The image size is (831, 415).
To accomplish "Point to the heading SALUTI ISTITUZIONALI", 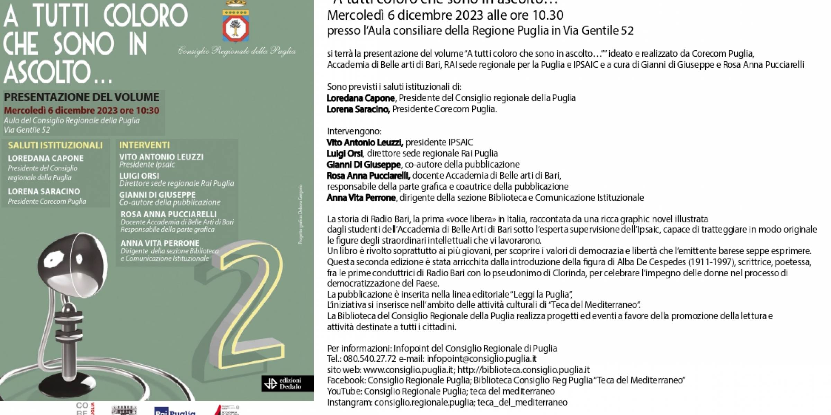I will [55, 145].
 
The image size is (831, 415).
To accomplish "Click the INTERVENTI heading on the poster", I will [144, 145].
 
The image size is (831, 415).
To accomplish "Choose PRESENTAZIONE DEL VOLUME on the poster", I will [82, 97].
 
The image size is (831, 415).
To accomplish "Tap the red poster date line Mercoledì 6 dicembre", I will [82, 110].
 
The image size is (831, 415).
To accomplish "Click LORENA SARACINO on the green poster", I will [44, 191].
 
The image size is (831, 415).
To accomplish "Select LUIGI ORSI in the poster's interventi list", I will [139, 176].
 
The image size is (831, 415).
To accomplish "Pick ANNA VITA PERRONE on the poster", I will [160, 243].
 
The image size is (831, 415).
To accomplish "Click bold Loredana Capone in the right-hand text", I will [360, 98].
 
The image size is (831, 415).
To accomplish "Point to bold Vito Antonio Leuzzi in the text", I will [365, 142].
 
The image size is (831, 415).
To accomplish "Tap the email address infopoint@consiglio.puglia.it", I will [482, 359].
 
